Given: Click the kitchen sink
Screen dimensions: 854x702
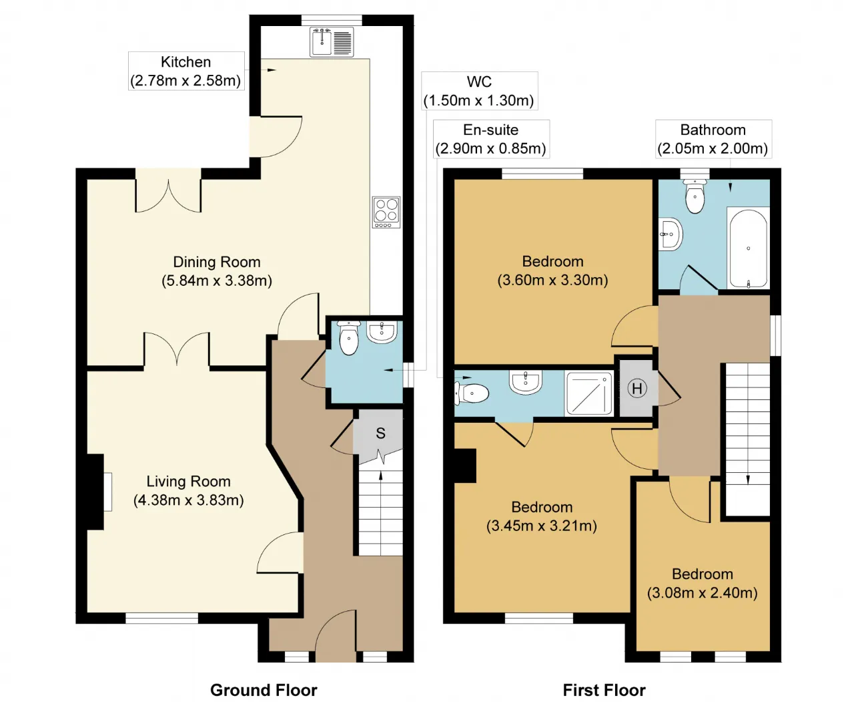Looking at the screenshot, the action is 331,41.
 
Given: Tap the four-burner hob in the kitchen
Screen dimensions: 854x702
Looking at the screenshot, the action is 386,212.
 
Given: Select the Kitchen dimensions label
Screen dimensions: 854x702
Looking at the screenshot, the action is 186,71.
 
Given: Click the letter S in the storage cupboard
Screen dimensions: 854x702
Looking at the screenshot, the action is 380,433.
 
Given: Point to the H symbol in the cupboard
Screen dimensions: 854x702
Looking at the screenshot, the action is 637,388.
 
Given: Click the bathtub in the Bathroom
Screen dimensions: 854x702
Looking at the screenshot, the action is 748,248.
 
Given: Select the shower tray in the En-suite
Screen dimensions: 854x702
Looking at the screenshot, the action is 588,393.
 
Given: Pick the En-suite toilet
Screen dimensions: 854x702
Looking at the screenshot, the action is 471,393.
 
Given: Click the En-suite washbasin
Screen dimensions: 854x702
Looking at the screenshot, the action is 525,382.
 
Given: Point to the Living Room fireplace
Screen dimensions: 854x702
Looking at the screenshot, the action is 95,492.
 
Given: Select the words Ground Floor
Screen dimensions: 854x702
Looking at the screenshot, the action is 264,690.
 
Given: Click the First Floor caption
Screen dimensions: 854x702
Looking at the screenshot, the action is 604,690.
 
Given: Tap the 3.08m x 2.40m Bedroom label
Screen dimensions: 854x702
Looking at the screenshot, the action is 702,583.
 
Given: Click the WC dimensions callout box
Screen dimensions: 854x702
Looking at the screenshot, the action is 480,91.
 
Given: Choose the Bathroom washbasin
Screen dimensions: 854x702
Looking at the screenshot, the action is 671,234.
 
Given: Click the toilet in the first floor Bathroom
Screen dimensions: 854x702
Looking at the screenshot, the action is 695,196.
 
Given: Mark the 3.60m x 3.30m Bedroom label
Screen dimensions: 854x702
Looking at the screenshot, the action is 552,271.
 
